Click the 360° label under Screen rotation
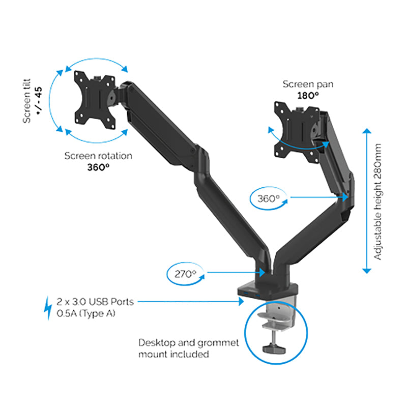point(98,166)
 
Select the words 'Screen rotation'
point(98,156)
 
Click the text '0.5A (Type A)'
point(86,314)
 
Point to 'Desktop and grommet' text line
point(189,343)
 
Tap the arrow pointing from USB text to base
point(191,302)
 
